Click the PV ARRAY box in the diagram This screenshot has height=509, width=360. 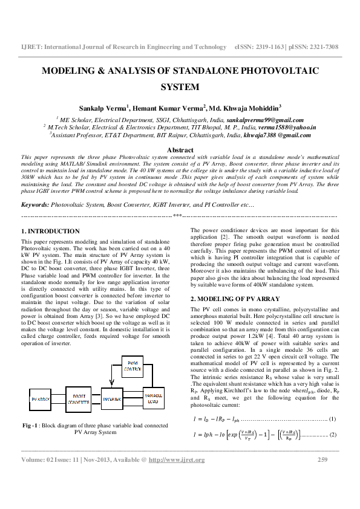coord(41,399)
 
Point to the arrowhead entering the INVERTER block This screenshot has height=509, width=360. coord(102,399)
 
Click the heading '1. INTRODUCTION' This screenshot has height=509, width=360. coord(50,231)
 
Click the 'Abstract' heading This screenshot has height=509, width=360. coord(180,149)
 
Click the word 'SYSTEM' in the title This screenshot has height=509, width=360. coord(180,86)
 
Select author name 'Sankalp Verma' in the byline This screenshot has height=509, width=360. coord(102,108)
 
